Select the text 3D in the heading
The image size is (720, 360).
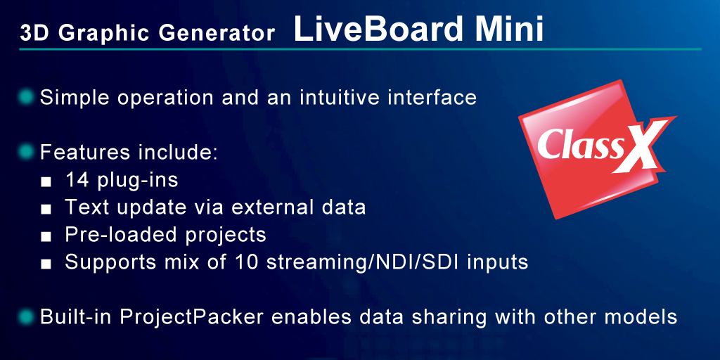click(31, 34)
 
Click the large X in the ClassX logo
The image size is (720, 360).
click(638, 148)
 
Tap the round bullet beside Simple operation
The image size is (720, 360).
click(26, 96)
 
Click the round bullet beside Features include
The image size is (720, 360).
click(26, 151)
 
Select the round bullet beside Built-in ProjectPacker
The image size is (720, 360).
click(26, 316)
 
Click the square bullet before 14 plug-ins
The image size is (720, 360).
click(46, 181)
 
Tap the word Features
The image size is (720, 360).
click(77, 151)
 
